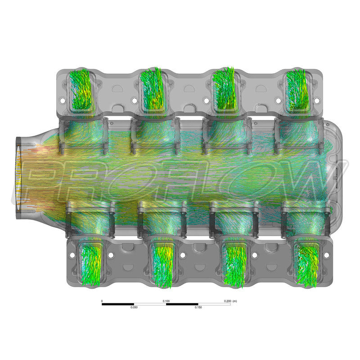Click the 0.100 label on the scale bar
point(166,301)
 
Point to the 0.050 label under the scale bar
point(134,307)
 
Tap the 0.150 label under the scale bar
point(198,307)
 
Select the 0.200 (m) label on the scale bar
point(230,301)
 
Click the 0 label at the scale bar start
point(102,301)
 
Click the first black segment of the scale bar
point(118,304)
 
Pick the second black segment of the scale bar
point(182,304)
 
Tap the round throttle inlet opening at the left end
point(19,178)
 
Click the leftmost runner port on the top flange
point(81,90)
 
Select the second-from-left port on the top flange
point(153,90)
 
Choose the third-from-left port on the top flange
point(224,90)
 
